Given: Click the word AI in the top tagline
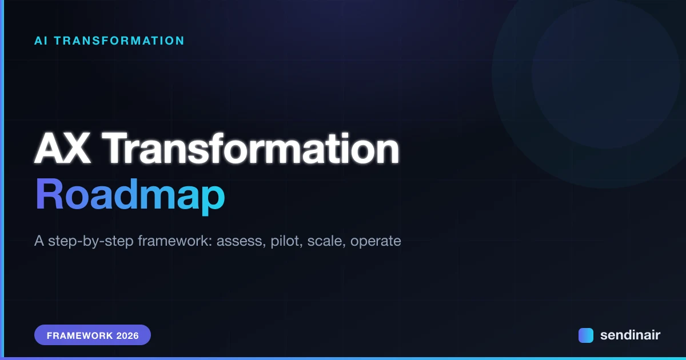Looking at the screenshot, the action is pyautogui.click(x=41, y=41).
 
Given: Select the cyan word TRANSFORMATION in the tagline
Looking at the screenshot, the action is pyautogui.click(x=119, y=41).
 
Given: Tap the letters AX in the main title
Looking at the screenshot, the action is pyautogui.click(x=63, y=149).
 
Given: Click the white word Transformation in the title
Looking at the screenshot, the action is pyautogui.click(x=250, y=149).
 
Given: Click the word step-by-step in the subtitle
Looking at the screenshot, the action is pyautogui.click(x=91, y=241).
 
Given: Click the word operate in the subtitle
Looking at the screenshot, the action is pyautogui.click(x=376, y=242).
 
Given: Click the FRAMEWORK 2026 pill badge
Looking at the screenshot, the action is pyautogui.click(x=93, y=335).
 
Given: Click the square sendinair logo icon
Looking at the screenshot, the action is pyautogui.click(x=586, y=335).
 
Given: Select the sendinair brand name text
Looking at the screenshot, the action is pyautogui.click(x=630, y=335).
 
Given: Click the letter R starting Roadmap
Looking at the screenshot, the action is pyautogui.click(x=50, y=194).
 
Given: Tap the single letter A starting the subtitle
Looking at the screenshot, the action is pyautogui.click(x=39, y=241).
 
